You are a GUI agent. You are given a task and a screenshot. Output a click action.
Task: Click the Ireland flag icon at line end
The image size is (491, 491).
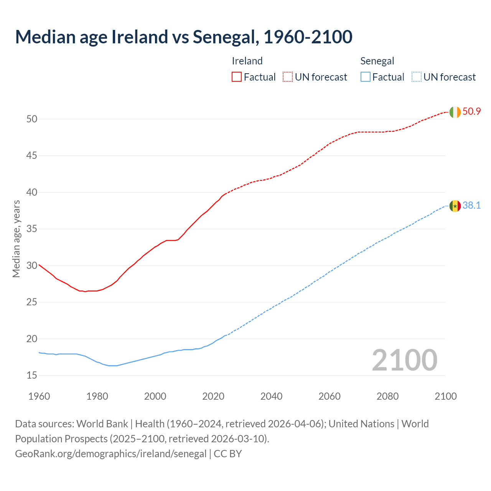tap(455, 112)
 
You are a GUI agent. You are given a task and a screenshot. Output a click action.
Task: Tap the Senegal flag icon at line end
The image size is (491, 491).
tap(455, 206)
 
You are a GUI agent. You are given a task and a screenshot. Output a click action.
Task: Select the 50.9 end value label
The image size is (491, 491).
tap(471, 112)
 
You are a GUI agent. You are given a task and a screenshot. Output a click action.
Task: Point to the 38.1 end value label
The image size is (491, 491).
tap(471, 206)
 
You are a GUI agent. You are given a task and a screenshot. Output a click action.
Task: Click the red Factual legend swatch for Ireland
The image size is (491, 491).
tap(237, 77)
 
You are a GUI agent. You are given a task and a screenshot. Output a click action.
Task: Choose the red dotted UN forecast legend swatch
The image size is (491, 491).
tap(288, 77)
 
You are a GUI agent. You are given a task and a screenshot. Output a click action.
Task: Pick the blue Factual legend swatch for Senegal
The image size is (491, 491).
tap(366, 77)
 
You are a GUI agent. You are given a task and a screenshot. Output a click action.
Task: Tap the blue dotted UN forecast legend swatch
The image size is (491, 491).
tap(416, 77)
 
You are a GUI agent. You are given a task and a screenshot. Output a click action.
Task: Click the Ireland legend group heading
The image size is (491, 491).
tap(247, 61)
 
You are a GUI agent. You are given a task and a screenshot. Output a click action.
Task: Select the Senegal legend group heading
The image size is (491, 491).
tap(377, 61)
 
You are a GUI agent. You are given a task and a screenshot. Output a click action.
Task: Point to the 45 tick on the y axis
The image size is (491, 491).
tap(32, 156)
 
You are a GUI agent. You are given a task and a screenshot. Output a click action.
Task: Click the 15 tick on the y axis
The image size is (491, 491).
tap(32, 375)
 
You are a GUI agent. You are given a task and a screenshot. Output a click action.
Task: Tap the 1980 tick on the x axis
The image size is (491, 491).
tap(97, 396)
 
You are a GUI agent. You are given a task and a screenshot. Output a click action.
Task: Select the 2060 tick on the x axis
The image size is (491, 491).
tap(330, 396)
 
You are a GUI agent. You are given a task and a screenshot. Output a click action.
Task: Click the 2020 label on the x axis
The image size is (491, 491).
tap(213, 396)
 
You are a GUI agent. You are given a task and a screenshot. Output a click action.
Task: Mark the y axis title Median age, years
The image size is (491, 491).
tap(16, 239)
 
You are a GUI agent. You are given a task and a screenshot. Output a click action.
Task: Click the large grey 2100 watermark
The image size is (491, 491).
tap(404, 360)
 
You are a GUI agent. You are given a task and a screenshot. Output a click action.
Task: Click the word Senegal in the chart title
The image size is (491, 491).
tap(224, 37)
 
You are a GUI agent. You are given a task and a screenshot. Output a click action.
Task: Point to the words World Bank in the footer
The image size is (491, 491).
tap(102, 424)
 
